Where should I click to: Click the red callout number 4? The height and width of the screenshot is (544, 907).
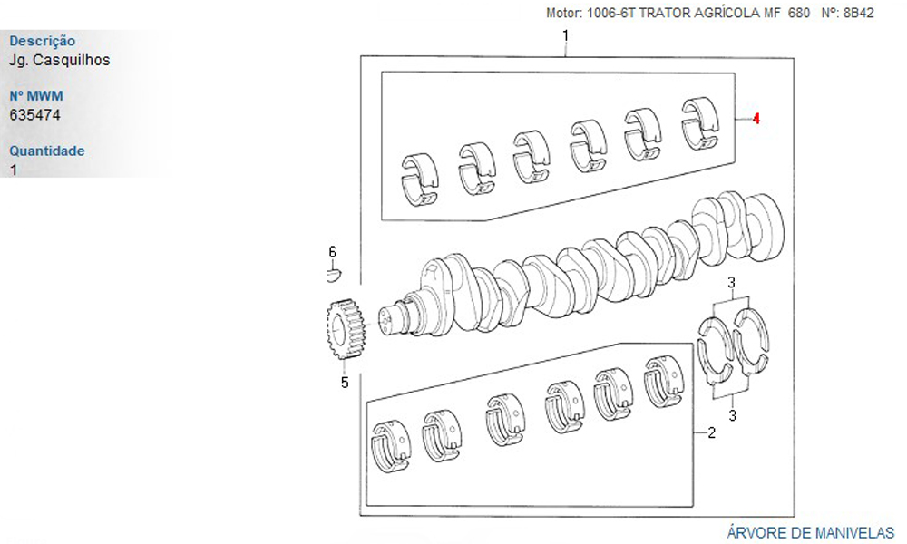(x=756, y=119)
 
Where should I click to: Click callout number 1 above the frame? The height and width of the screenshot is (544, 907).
(x=565, y=36)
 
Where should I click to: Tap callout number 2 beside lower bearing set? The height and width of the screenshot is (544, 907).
(x=711, y=432)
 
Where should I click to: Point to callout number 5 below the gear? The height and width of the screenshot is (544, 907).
(x=345, y=383)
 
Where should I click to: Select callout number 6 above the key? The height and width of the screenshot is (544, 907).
(x=333, y=252)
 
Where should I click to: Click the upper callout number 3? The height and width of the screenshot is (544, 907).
(x=732, y=283)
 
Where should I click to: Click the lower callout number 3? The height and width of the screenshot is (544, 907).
(x=732, y=415)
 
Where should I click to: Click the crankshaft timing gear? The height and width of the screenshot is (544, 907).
(x=346, y=328)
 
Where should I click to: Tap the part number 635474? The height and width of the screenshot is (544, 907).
(x=34, y=115)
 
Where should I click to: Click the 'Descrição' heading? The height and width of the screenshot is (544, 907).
(x=43, y=41)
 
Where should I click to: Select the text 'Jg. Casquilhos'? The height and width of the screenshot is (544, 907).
(x=59, y=60)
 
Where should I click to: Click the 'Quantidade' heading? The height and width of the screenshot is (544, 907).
(x=47, y=151)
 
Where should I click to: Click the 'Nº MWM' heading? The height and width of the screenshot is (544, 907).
(x=36, y=96)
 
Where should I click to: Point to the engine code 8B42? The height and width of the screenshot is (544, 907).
(x=858, y=13)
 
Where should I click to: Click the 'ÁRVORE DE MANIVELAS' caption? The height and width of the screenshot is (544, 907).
(x=810, y=532)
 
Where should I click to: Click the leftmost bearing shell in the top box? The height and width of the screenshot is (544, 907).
(x=421, y=180)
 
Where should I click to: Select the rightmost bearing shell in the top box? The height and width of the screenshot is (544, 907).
(x=700, y=123)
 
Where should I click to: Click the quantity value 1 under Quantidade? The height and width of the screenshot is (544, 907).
(x=14, y=170)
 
